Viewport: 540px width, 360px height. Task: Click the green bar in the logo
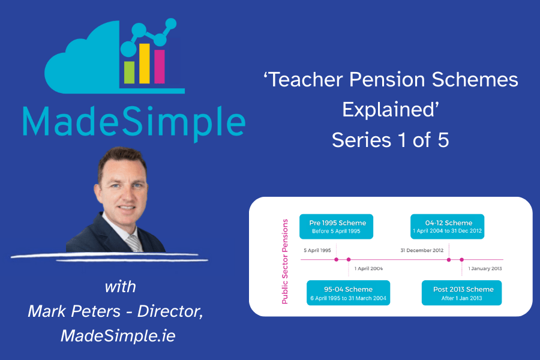click(129, 73)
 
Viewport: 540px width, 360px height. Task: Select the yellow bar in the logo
click(144, 64)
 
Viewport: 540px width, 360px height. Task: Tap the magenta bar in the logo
click(160, 67)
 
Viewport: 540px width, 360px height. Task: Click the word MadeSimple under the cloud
click(134, 122)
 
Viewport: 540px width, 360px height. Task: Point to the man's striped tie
click(134, 243)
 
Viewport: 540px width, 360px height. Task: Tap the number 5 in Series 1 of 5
click(443, 140)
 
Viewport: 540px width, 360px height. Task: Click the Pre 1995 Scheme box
click(336, 227)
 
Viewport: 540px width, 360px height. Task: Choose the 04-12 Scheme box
click(448, 227)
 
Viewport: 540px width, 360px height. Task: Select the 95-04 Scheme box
click(348, 293)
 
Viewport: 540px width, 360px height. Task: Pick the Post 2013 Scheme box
click(462, 293)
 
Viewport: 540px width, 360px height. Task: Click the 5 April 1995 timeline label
click(317, 250)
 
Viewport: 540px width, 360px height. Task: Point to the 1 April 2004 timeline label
click(368, 269)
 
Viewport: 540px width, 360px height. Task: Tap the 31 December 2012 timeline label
click(422, 250)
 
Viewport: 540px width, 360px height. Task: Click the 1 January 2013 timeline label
click(485, 269)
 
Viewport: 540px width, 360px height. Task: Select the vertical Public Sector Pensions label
click(285, 262)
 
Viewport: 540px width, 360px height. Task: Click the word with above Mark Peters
click(121, 287)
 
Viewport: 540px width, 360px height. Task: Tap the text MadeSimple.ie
click(118, 336)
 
